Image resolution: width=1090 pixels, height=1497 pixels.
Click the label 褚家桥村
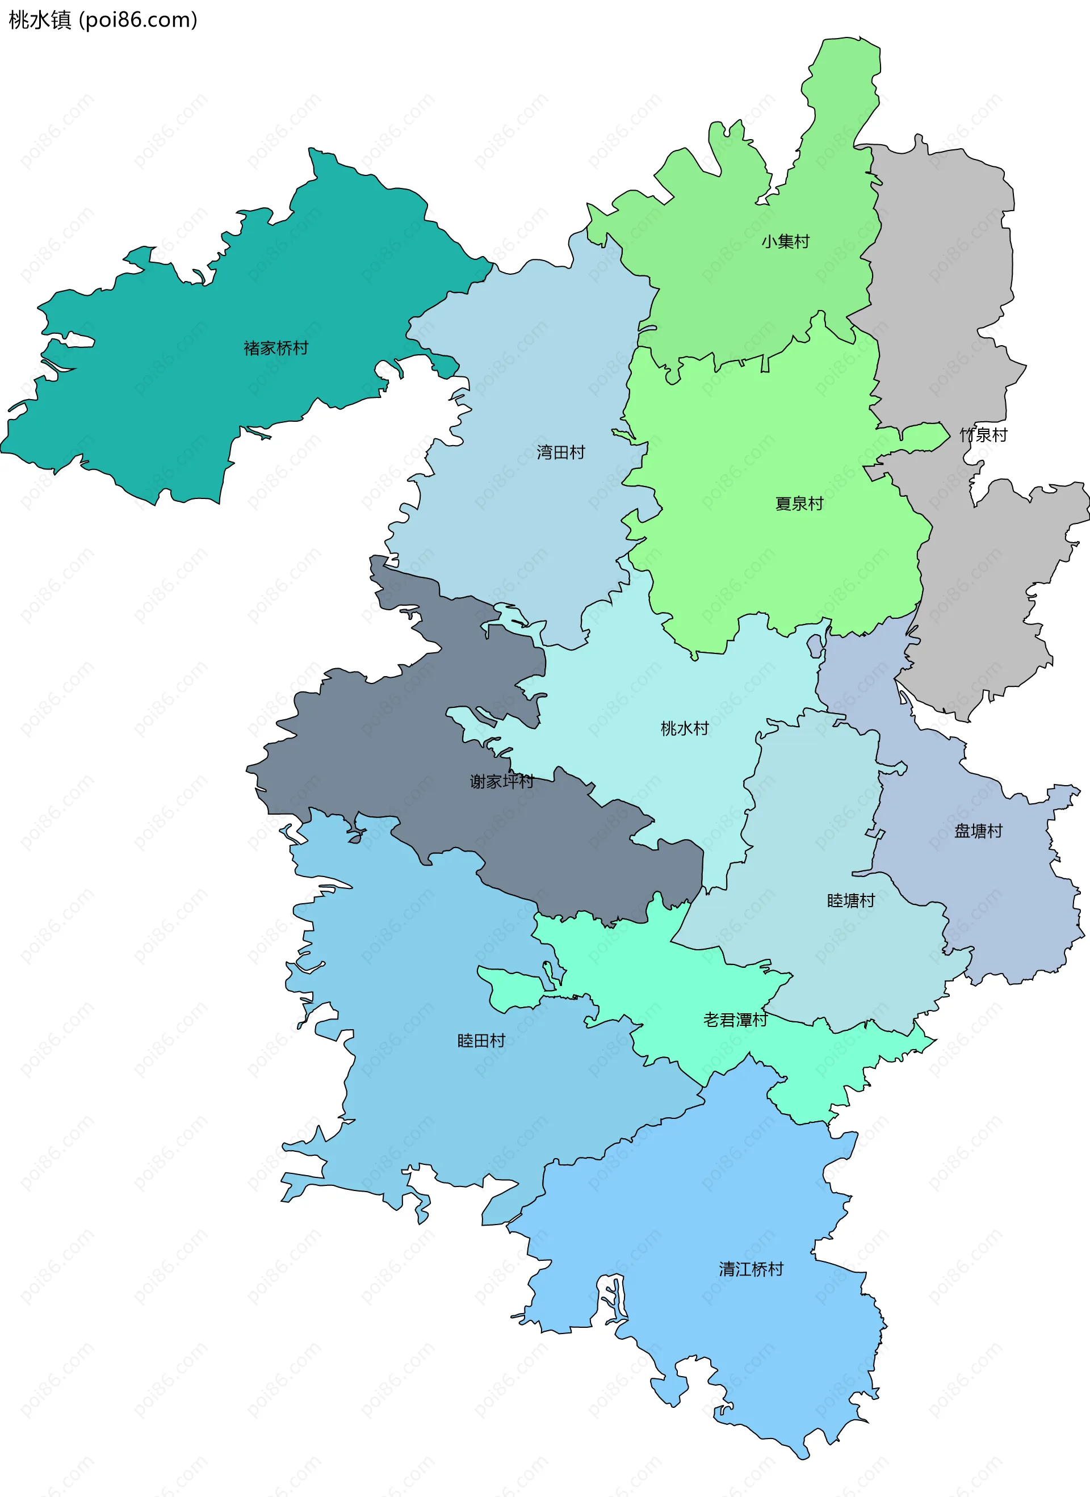pyautogui.click(x=276, y=348)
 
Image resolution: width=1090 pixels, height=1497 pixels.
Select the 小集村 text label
pyautogui.click(x=785, y=242)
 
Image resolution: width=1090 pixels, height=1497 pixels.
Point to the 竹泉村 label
pyautogui.click(x=983, y=435)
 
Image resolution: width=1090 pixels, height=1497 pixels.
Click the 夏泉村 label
pyautogui.click(x=799, y=504)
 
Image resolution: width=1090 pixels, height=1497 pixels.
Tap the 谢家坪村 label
pyautogui.click(x=502, y=782)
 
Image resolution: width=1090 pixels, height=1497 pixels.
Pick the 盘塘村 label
pyautogui.click(x=978, y=831)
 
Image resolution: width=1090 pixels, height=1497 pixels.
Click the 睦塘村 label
pyautogui.click(x=850, y=900)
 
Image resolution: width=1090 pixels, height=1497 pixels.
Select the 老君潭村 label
pyautogui.click(x=735, y=1020)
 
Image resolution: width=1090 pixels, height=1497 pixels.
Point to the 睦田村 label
pyautogui.click(x=481, y=1041)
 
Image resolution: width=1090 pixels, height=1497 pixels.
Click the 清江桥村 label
pyautogui.click(x=751, y=1269)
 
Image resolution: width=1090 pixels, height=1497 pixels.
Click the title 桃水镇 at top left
pyautogui.click(x=40, y=20)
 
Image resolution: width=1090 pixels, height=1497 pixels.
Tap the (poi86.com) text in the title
pyautogui.click(x=138, y=20)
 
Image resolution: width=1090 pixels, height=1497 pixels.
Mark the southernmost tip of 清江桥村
pyautogui.click(x=803, y=1456)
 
